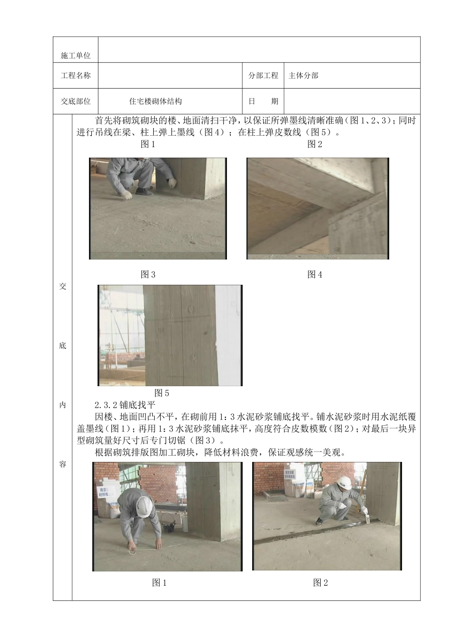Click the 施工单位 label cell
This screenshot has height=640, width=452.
point(76,56)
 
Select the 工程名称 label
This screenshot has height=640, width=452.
point(76,75)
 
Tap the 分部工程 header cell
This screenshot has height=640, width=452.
point(263,75)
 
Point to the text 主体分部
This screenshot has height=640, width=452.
point(303,75)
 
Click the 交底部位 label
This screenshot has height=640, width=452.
point(76,101)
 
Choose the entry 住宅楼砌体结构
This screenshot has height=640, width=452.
point(156,101)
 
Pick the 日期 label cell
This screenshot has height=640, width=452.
point(263,101)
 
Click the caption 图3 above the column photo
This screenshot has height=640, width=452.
point(148,274)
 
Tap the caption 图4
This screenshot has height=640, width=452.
point(315,274)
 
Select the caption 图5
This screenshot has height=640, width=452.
point(162,393)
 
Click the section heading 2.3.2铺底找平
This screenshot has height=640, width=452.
point(125,405)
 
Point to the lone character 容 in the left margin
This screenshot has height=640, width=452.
point(62,464)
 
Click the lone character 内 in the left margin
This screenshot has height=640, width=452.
point(62,405)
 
